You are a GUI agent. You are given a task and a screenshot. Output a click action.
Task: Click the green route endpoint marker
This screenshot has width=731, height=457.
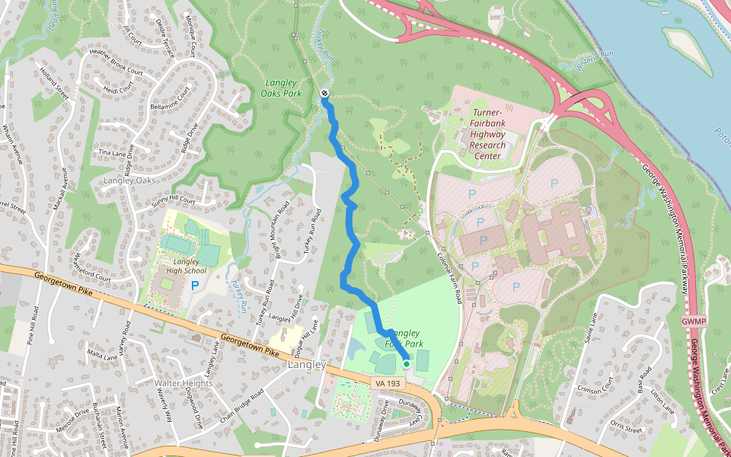tap(407, 364)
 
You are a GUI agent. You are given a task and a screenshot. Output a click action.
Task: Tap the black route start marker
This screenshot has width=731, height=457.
tap(325, 93)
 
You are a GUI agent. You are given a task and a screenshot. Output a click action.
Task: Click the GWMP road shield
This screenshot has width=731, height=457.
tap(694, 321)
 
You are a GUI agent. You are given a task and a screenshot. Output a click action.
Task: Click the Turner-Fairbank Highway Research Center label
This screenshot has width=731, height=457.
tap(487, 134)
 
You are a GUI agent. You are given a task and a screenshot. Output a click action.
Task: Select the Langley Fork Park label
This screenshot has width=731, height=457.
tap(403, 338)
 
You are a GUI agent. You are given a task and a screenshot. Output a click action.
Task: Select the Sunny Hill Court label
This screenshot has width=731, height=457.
tap(173, 200)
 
